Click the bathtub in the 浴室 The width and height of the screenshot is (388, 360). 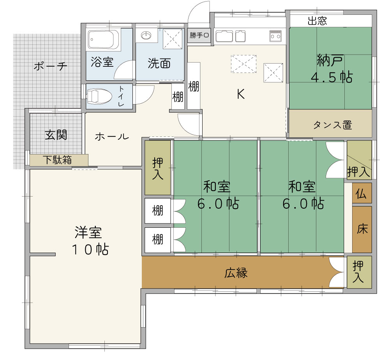[104, 39]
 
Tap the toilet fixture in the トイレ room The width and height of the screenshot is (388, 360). [99, 96]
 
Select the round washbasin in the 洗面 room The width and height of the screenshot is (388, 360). [146, 35]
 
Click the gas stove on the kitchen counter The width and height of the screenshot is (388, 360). [275, 36]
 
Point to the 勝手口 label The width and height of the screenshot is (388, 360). [199, 35]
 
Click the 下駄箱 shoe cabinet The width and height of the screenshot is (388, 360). [59, 160]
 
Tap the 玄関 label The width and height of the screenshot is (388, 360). [56, 135]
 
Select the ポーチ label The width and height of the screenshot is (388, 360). [51, 66]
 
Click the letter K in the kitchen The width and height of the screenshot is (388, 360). [241, 94]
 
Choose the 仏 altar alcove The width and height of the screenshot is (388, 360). [362, 193]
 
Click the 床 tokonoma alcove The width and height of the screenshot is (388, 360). [362, 229]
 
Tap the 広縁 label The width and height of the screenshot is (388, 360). [236, 273]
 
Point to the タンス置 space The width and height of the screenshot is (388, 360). [331, 123]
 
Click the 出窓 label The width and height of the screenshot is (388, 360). [317, 21]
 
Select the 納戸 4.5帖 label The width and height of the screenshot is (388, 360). [332, 69]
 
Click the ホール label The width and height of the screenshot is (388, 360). [112, 137]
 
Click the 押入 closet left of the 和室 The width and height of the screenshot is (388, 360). [158, 168]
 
